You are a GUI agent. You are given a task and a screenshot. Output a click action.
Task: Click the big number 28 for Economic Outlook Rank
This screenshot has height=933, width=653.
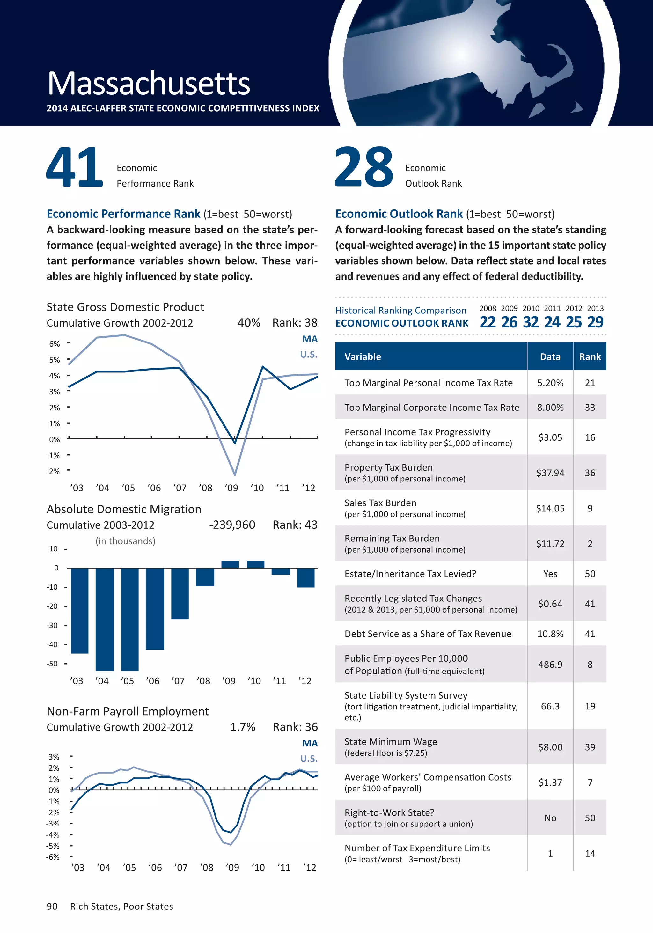point(364,167)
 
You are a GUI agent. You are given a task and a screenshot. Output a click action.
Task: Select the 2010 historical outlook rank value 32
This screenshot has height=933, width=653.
point(531,322)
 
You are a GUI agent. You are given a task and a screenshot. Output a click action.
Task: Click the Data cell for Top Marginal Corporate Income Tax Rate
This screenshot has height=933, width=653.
point(550,407)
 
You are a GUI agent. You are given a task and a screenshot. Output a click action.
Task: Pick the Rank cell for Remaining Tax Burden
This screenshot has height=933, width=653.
point(590,544)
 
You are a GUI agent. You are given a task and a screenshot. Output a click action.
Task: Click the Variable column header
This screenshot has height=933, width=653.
point(363,357)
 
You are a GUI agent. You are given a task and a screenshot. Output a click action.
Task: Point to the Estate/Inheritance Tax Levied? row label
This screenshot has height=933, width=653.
point(410,574)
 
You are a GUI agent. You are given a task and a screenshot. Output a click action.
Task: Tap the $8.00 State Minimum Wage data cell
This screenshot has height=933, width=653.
point(550,747)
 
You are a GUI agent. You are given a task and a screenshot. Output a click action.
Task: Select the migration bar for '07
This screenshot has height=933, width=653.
point(180,593)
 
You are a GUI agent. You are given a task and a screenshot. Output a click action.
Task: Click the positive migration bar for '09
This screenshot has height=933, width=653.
point(230,564)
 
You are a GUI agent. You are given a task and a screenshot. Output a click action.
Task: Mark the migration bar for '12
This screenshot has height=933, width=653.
point(305,577)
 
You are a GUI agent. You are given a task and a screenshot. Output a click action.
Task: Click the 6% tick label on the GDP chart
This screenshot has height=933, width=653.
point(55,344)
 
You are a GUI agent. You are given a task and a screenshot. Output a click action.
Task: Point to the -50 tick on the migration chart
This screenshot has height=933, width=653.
point(52,664)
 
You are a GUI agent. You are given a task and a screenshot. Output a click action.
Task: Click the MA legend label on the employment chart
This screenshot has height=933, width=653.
point(310,743)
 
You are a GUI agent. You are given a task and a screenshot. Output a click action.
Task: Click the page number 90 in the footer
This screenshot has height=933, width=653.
point(52,907)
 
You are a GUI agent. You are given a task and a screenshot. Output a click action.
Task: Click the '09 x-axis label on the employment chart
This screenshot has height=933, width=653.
point(232,868)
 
